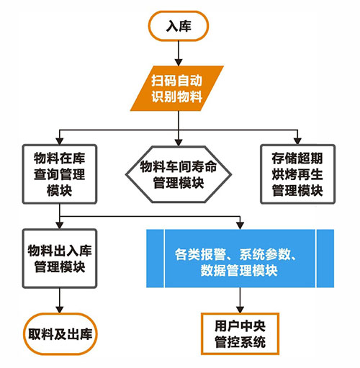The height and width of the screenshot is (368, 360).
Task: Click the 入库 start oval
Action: (178, 26)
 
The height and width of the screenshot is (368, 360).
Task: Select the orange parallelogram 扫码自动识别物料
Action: (177, 89)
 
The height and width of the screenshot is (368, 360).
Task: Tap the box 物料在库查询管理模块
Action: (60, 174)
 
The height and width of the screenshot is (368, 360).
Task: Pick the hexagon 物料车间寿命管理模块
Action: (179, 174)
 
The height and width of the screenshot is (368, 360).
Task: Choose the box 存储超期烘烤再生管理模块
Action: (297, 174)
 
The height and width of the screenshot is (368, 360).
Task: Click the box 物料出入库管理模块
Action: (60, 259)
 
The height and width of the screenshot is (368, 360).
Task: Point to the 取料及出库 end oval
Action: (60, 333)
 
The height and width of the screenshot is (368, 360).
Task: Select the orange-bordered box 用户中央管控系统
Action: (240, 333)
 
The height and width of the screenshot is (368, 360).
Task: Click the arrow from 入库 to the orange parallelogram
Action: (179, 53)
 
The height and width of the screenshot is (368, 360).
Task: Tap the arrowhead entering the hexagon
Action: (179, 142)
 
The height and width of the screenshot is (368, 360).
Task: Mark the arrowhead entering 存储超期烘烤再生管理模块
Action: (297, 141)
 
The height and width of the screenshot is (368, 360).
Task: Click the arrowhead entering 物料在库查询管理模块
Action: (60, 141)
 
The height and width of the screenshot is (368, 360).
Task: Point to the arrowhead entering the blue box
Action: (240, 225)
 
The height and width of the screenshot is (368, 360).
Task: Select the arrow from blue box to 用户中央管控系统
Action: (240, 300)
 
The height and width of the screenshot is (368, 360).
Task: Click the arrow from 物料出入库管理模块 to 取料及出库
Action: (60, 300)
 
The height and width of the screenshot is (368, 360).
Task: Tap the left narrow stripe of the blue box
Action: (155, 259)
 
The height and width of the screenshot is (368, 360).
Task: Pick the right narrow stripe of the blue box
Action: (325, 259)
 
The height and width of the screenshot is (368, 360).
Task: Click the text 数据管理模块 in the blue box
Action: (239, 270)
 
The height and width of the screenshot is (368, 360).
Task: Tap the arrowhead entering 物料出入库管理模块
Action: (60, 225)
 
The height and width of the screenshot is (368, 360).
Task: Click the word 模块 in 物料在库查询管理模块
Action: (60, 190)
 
